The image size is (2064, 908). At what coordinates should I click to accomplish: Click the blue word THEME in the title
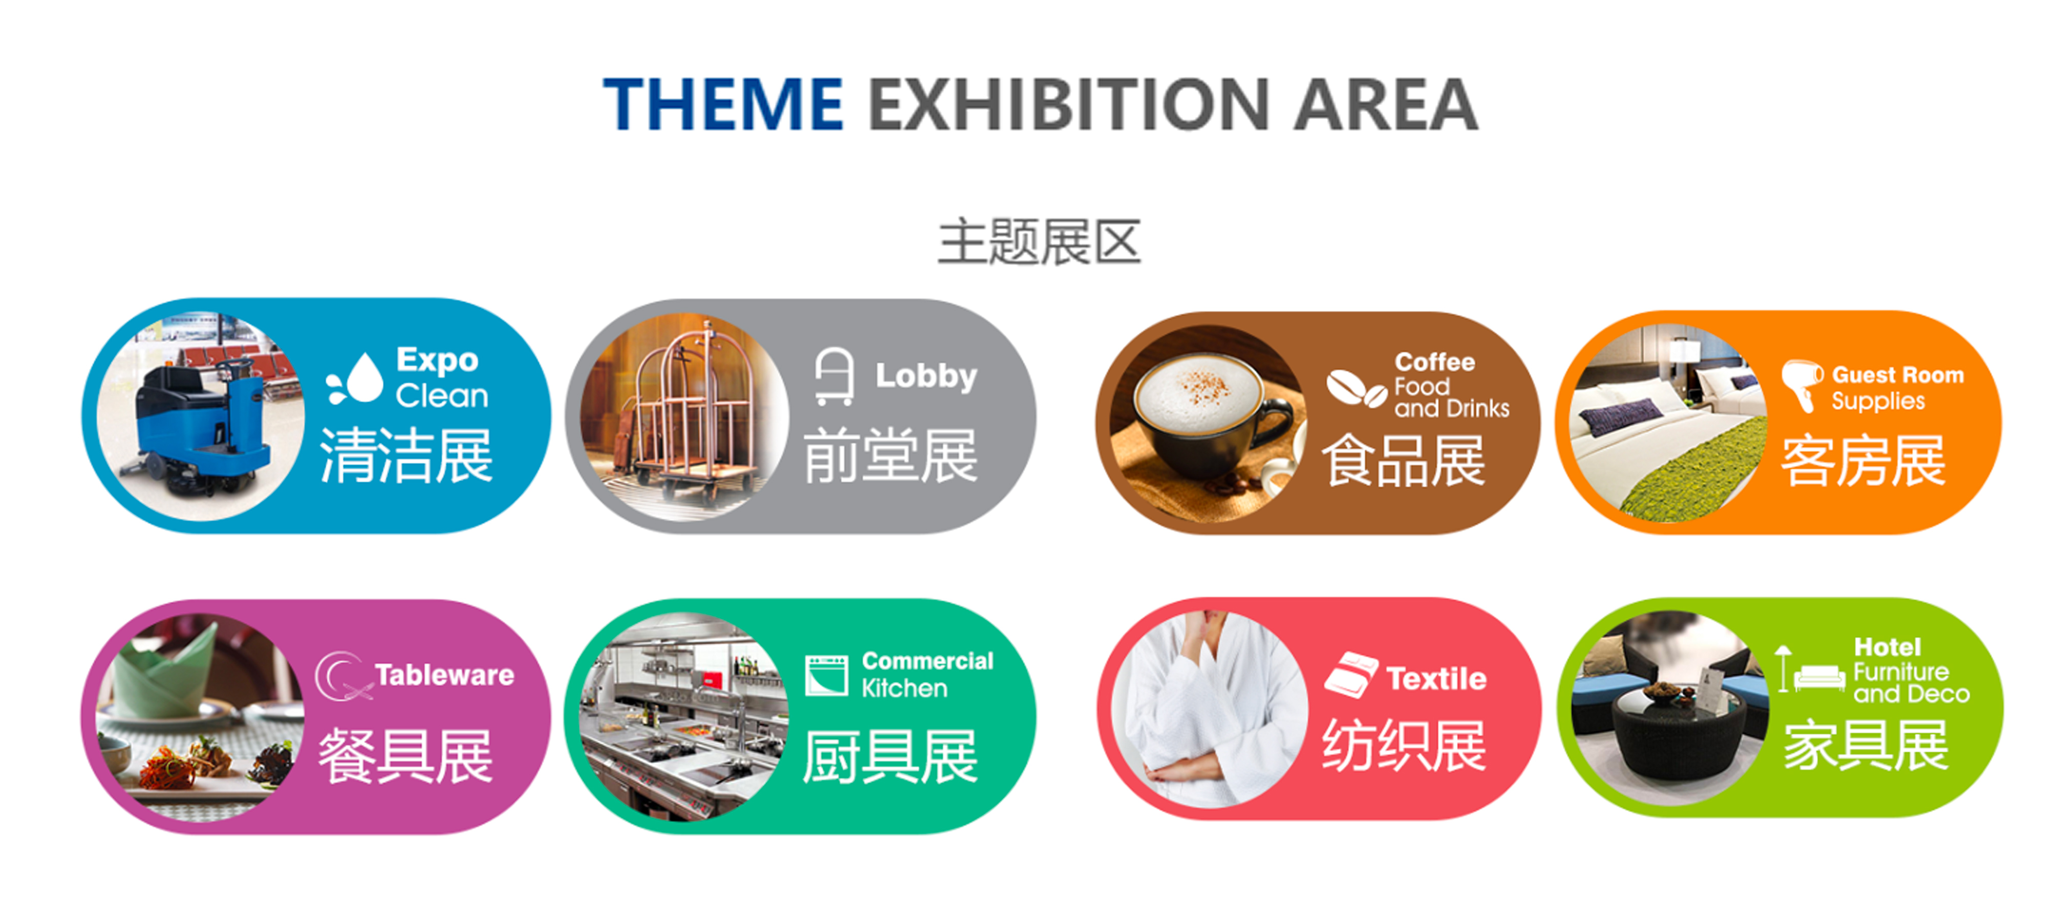723,104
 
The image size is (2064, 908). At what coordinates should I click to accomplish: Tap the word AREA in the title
1386,104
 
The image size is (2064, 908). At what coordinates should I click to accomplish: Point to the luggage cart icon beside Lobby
834,376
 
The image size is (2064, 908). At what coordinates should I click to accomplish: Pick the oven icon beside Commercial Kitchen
827,675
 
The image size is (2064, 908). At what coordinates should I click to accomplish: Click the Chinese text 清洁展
406,455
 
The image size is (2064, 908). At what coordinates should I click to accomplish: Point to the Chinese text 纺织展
1404,745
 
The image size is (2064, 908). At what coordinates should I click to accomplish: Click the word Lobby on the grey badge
926,376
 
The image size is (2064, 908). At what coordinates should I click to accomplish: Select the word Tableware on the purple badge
445,675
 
